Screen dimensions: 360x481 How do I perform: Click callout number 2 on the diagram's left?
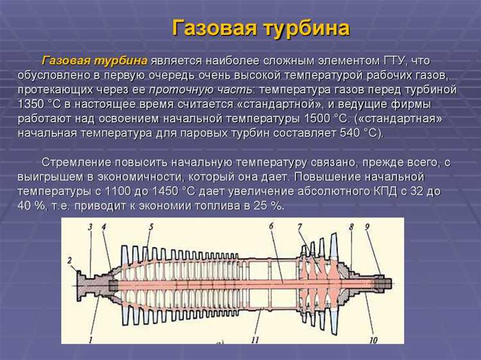tap(69, 259)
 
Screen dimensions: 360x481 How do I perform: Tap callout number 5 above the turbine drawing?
tap(151, 227)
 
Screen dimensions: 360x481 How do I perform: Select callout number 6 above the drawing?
tap(271, 226)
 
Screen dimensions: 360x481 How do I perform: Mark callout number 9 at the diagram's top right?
tap(367, 227)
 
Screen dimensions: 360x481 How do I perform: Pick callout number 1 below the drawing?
tap(90, 338)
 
